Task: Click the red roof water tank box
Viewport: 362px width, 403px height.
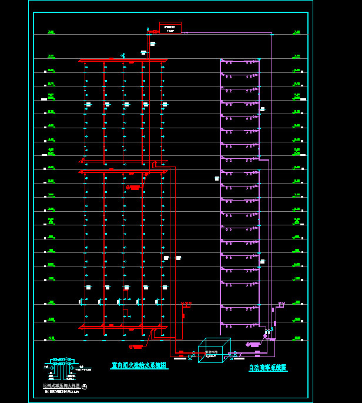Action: [x=170, y=27]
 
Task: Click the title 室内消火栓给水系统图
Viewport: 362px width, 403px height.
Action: [x=139, y=365]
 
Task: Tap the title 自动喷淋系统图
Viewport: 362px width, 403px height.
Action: [x=268, y=368]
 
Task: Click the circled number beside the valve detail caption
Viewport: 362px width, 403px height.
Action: [x=85, y=387]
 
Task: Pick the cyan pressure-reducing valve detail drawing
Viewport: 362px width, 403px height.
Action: [x=61, y=368]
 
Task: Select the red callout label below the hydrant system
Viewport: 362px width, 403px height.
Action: [x=136, y=347]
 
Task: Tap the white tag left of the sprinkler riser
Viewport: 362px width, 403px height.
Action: [x=217, y=178]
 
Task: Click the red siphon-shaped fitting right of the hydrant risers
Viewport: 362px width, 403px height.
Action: [x=186, y=305]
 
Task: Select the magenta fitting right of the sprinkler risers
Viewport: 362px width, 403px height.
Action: [x=280, y=305]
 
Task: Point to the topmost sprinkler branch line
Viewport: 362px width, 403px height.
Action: [x=240, y=61]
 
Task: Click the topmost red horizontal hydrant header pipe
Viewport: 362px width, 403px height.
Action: [x=123, y=60]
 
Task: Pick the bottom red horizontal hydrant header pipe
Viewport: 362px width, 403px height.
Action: [x=123, y=327]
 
